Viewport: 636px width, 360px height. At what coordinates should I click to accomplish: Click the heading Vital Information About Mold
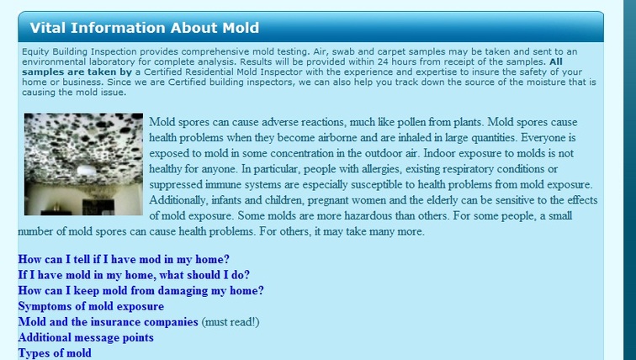[x=145, y=28]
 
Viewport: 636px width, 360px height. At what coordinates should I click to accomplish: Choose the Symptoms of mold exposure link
[x=91, y=306]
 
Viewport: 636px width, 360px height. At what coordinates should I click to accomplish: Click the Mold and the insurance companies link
[x=109, y=322]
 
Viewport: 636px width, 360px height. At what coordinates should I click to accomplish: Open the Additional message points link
[x=86, y=337]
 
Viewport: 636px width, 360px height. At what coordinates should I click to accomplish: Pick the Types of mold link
[x=55, y=353]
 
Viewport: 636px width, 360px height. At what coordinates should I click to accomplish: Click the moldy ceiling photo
[x=83, y=164]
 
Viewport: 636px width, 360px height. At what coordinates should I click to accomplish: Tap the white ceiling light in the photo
[x=87, y=169]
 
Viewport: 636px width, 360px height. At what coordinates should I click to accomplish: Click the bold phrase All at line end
[x=556, y=61]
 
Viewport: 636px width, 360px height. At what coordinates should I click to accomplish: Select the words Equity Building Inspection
[x=79, y=52]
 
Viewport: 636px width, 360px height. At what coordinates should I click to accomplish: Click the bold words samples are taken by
[x=77, y=72]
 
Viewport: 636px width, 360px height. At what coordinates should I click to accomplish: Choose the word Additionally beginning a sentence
[x=178, y=200]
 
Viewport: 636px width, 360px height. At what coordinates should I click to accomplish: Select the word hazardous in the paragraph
[x=368, y=215]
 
